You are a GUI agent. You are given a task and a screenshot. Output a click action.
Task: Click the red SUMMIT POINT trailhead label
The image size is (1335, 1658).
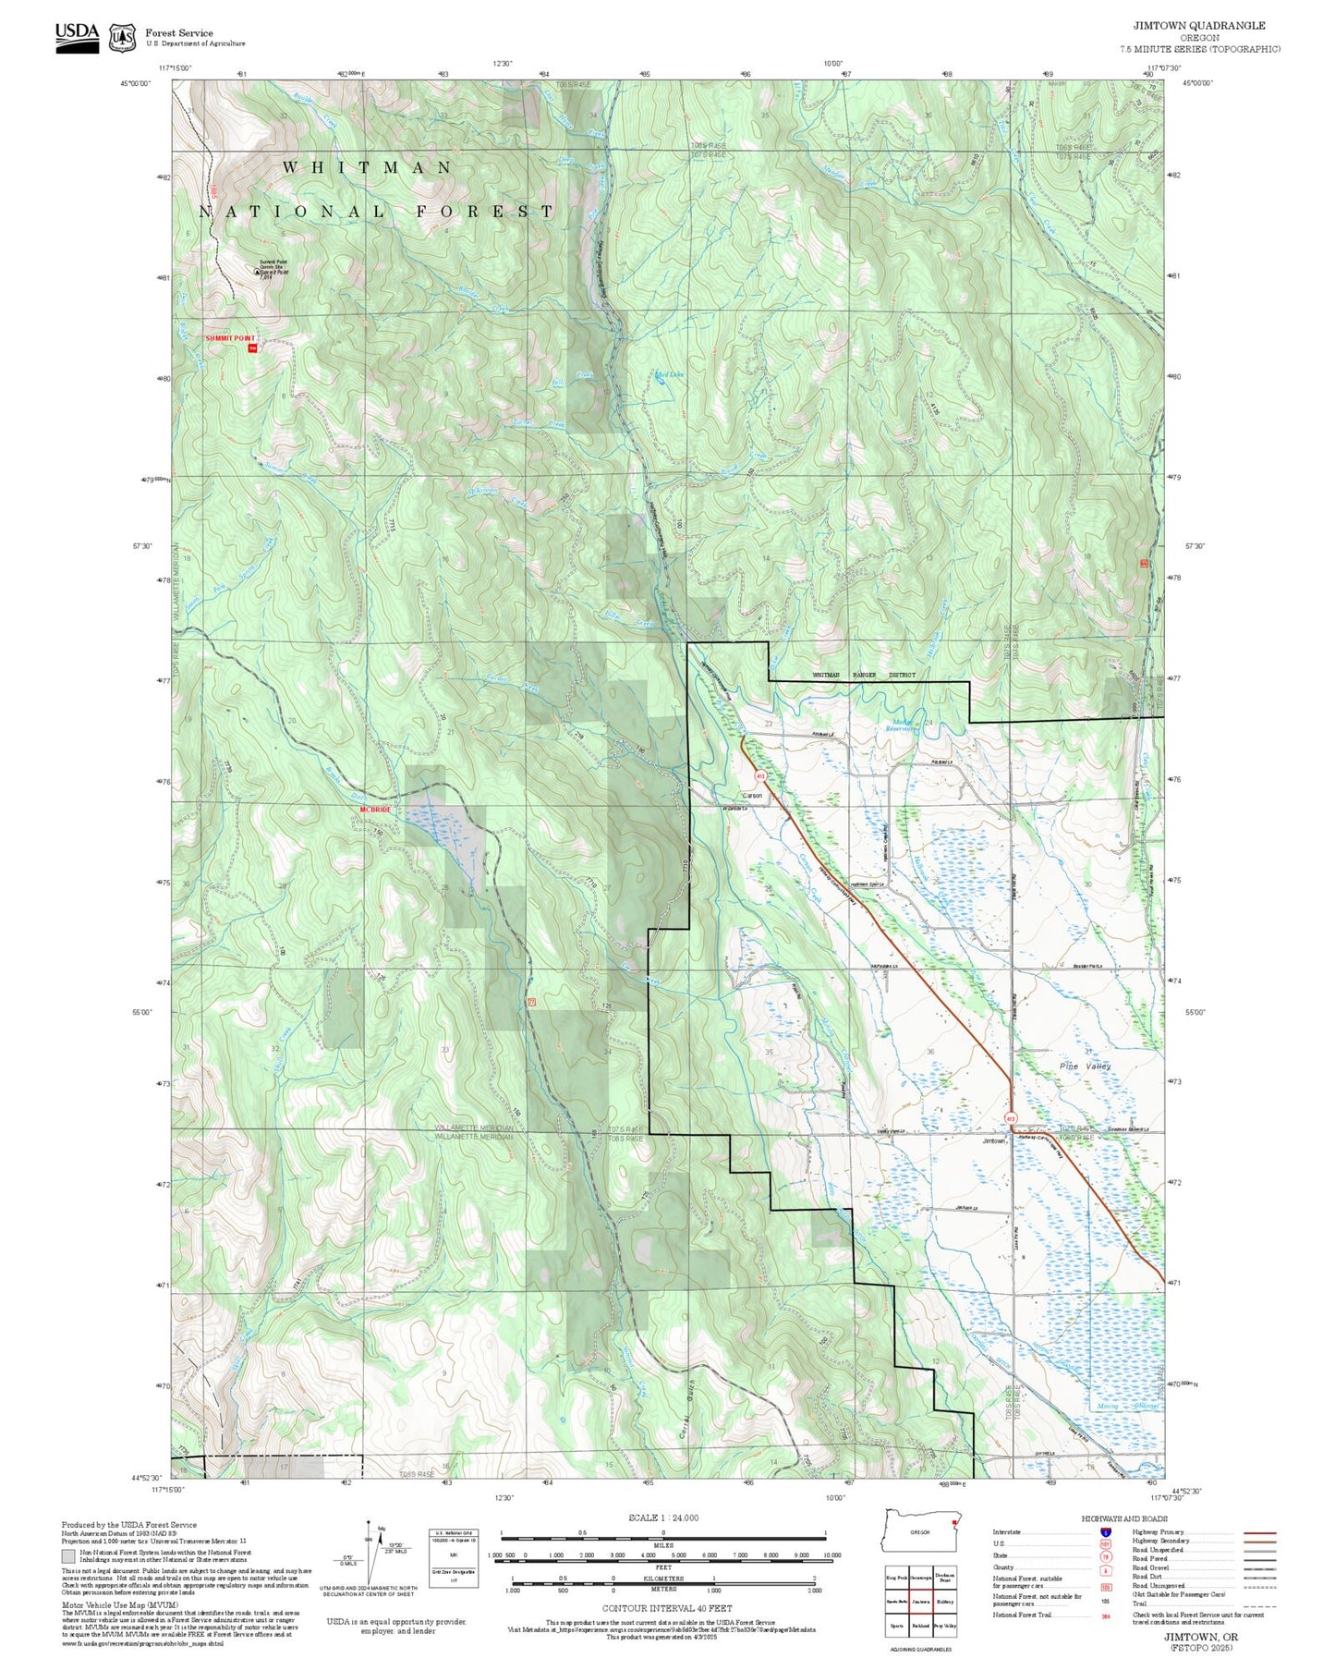click(x=229, y=338)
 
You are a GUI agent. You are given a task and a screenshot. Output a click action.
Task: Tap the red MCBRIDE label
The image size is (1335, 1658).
click(x=376, y=810)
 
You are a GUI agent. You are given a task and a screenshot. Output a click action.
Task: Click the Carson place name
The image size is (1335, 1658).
click(x=753, y=796)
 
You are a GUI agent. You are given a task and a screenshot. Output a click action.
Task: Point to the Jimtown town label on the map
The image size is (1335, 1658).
click(x=993, y=1140)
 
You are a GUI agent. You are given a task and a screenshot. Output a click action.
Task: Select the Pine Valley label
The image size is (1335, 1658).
click(x=1085, y=1066)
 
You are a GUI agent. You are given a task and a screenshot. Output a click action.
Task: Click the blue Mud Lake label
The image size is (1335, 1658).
click(x=669, y=374)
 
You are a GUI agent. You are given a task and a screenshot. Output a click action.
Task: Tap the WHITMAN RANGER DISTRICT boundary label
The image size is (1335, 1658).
click(x=863, y=675)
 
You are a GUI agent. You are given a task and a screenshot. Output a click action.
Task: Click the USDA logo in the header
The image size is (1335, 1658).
click(x=77, y=36)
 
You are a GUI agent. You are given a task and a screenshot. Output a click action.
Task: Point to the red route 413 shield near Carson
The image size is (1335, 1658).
click(x=760, y=775)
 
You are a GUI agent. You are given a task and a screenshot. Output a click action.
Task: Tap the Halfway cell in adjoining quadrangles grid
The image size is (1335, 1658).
click(x=944, y=1602)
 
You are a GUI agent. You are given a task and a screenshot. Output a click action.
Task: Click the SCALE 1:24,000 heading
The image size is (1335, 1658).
click(x=662, y=1518)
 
